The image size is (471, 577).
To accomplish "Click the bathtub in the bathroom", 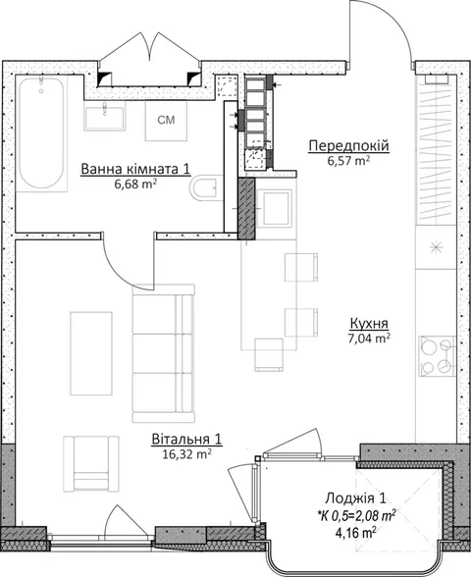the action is (41, 133).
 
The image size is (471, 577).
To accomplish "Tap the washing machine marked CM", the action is (166, 120).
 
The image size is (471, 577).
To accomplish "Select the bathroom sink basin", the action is (105, 116).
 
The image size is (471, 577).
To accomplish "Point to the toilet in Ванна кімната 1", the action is (204, 187).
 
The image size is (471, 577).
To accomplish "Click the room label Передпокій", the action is (349, 145).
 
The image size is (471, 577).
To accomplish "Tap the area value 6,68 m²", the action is (136, 184).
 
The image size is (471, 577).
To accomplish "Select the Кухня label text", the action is (369, 324).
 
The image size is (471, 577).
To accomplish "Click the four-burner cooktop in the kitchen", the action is (437, 356).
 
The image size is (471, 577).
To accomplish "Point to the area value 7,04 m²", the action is (369, 339).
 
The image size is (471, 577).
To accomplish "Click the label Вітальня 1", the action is (186, 440).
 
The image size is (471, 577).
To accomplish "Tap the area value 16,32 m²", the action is (186, 454).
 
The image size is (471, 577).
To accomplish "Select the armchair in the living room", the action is (91, 463).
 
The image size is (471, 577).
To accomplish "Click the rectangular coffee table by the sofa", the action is (91, 353).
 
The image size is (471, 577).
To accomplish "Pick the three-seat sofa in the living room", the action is (163, 353).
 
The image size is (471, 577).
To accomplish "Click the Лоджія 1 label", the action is (355, 498).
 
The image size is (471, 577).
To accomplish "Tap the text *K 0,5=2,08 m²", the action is (357, 516).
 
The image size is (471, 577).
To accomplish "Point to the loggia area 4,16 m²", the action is (355, 532).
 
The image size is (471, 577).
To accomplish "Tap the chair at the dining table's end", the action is (269, 355).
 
